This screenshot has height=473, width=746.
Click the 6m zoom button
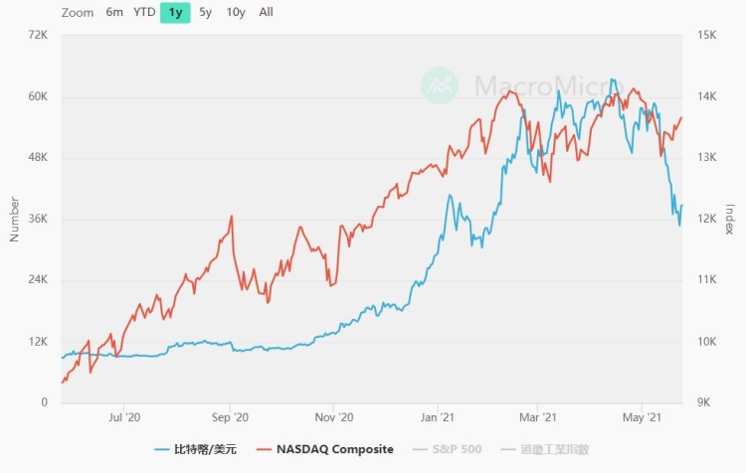pos(114,13)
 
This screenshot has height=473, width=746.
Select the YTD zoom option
pos(144,13)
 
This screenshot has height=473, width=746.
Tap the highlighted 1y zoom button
pos(175,13)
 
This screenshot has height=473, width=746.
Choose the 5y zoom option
pos(205,13)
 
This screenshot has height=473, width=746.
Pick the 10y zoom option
pos(236,13)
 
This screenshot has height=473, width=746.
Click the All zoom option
pos(267,13)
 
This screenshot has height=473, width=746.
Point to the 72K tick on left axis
pos(38,35)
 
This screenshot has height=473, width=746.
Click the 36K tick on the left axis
pos(38,219)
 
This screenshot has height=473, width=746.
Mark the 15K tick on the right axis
pos(708,35)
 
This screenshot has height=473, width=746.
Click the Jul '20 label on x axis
pos(123,419)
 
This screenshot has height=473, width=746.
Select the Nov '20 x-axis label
pos(333,419)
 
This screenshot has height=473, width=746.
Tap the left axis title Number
pos(14,219)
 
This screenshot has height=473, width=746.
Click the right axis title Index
pos(730,219)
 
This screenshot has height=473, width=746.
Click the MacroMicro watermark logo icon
pos(440,85)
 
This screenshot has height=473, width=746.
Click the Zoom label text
pos(78,13)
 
